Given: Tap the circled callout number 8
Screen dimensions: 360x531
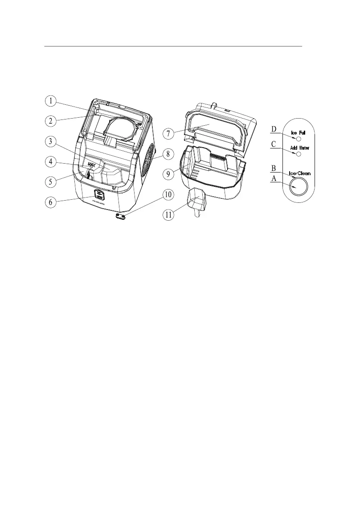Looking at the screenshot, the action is pyautogui.click(x=168, y=154).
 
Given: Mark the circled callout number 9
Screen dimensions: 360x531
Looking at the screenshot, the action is pyautogui.click(x=168, y=174).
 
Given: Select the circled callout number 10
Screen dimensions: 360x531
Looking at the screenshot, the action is pyautogui.click(x=168, y=196).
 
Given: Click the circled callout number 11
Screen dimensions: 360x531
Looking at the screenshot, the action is pyautogui.click(x=168, y=215).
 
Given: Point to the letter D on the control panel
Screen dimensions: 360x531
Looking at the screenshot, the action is pyautogui.click(x=274, y=129).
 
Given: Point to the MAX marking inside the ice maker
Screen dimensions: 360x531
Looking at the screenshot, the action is pyautogui.click(x=91, y=165).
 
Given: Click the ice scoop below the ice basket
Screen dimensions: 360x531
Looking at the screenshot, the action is pyautogui.click(x=197, y=200).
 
